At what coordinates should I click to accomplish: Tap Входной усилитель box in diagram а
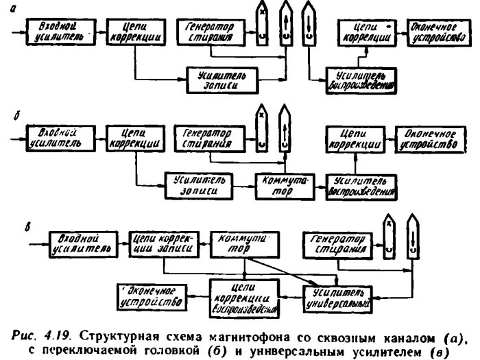click(x=58, y=29)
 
